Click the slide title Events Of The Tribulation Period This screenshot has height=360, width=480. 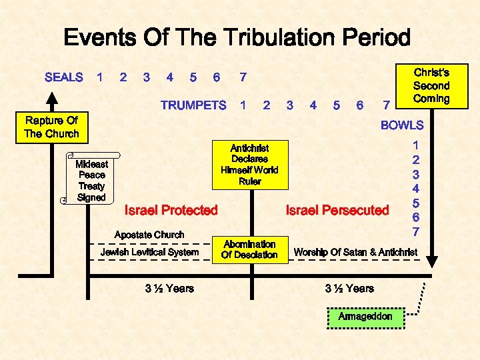coord(237,37)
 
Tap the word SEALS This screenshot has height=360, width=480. coord(63,77)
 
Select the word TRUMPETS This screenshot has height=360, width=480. coord(193,105)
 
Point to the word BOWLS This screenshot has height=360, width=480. coord(402,125)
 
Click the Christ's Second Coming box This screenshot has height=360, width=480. coord(431,85)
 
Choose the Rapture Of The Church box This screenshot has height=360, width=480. coord(51,127)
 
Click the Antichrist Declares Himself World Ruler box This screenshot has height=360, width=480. coord(249,164)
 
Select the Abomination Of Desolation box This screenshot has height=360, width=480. coord(250,249)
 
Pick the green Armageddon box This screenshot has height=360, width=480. coord(365,316)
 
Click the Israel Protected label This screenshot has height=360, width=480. coord(171,211)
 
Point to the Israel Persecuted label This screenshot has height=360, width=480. coord(337,211)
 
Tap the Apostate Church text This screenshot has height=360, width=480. coord(149,235)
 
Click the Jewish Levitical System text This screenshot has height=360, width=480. coord(149,252)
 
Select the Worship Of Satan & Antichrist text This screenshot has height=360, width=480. coord(356,252)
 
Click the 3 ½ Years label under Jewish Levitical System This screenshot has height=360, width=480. coord(169,288)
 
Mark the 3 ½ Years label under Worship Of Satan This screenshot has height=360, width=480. coord(349,288)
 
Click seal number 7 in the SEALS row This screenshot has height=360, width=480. coord(243,77)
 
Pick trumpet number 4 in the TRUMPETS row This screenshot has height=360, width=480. coord(313,105)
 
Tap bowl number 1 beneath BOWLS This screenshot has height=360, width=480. coord(416,145)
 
